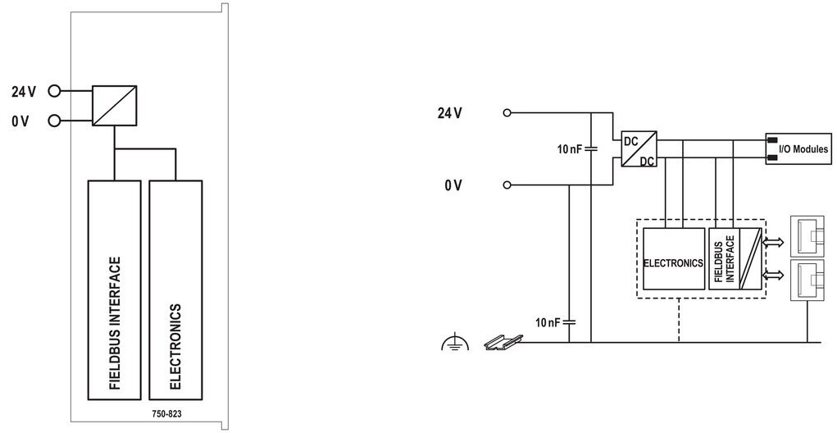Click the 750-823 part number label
(166, 414)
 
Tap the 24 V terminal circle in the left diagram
(54, 91)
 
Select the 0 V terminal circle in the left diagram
(54, 121)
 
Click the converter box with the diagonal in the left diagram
(114, 106)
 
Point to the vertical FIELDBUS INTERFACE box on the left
(114, 290)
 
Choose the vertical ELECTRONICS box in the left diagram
(175, 290)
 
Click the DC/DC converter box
(639, 149)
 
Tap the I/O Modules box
(798, 148)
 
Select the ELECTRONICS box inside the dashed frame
(674, 259)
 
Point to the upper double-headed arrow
(774, 243)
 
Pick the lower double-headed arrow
(774, 275)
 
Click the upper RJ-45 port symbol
(807, 235)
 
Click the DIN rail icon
(503, 342)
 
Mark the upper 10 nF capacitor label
(569, 149)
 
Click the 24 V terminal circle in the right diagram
(507, 112)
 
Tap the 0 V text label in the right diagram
(453, 185)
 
